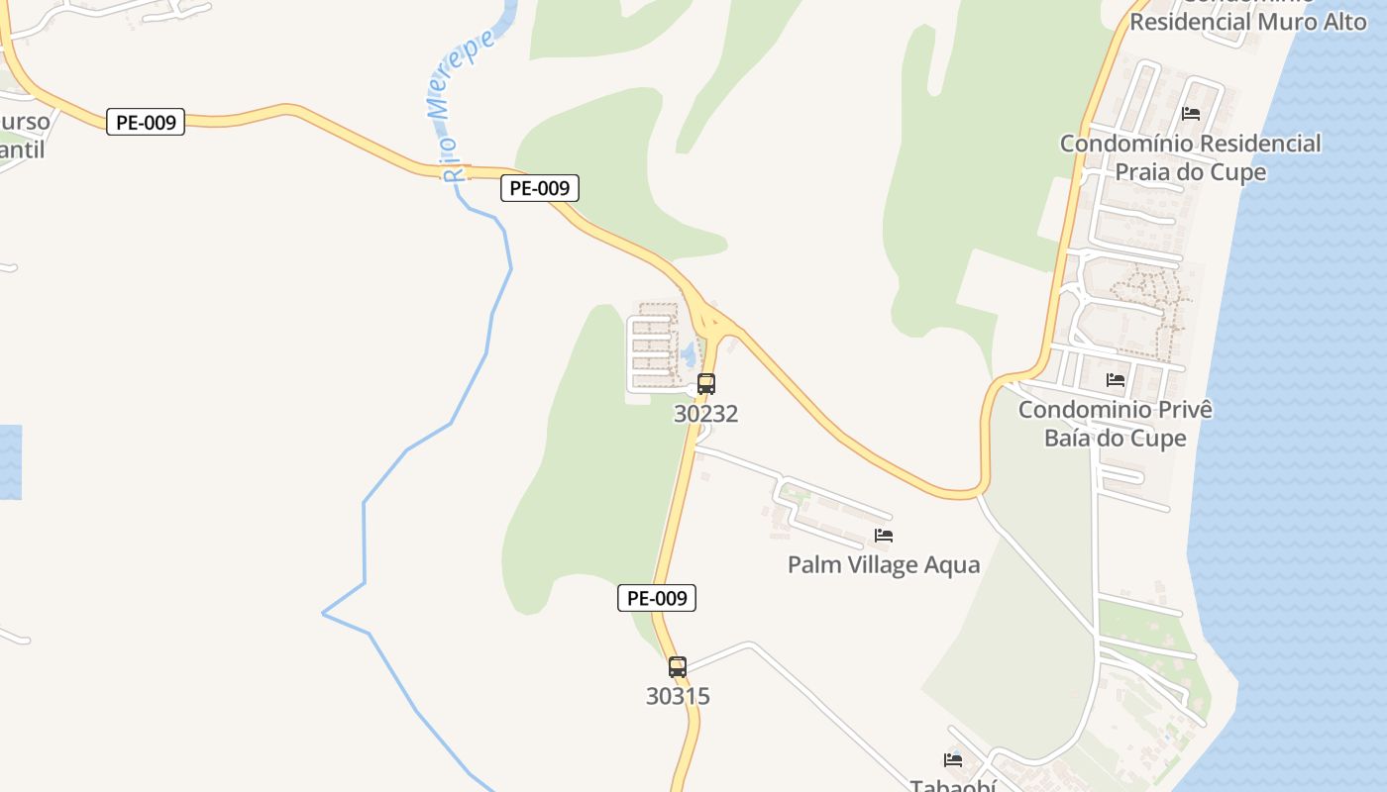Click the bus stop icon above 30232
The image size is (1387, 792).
point(706,384)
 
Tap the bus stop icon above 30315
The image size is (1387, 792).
point(678,667)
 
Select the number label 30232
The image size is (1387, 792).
point(706,414)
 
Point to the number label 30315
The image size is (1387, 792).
point(678,696)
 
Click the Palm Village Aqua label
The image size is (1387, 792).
point(884,565)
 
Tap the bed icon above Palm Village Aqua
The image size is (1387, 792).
point(884,536)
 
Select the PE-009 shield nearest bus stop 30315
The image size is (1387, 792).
point(657,598)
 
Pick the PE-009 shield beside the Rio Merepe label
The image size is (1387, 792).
point(540,188)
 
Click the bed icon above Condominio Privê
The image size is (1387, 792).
point(1116,380)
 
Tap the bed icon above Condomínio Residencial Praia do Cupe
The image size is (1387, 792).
point(1191,114)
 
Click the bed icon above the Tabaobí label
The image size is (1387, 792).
point(953,760)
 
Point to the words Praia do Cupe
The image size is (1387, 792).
point(1191,172)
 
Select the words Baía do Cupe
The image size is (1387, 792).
point(1116,438)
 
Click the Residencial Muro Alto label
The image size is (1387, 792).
point(1248,21)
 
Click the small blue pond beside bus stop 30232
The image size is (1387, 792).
point(687,352)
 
